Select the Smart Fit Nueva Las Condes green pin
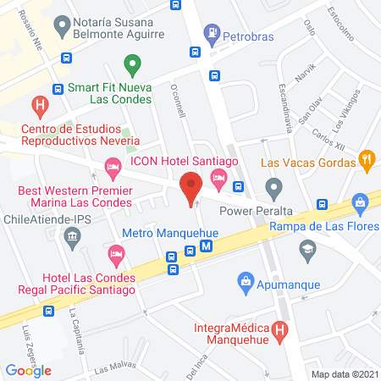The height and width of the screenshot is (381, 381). point(131,63)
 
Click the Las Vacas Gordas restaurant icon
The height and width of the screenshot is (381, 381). point(367,157)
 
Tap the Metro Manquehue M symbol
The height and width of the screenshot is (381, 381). point(206,248)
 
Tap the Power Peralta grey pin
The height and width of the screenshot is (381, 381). point(273,187)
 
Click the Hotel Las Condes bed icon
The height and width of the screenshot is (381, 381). point(116,253)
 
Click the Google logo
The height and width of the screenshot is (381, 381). point(28,370)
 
